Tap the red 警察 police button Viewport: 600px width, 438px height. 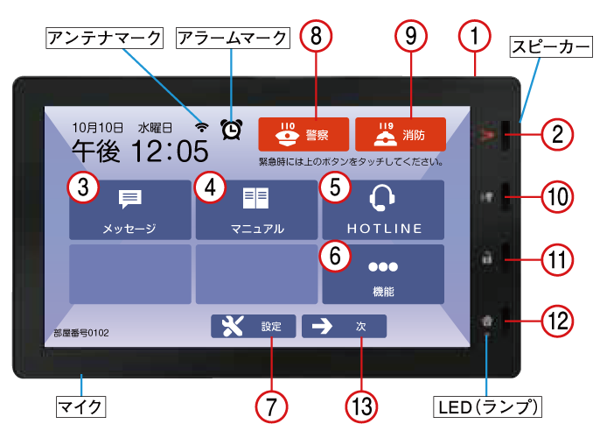303,134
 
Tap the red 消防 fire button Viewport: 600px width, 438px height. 401,134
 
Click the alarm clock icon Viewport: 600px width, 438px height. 232,129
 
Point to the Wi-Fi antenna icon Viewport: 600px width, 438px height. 202,127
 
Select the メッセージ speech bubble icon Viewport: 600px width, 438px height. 130,199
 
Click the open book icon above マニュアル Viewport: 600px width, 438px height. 255,198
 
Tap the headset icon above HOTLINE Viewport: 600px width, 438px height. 382,198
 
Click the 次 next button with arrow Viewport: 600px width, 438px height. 344,326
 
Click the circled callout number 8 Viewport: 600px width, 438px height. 316,37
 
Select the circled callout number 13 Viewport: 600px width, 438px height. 361,406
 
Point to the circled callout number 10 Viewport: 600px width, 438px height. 557,197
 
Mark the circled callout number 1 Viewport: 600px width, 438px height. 474,37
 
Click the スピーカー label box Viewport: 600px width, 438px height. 551,47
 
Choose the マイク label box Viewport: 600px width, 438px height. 80,406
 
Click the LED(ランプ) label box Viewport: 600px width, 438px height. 487,406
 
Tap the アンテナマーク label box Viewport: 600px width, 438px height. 104,38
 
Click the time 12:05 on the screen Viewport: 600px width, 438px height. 171,151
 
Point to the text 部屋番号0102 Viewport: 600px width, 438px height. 81,333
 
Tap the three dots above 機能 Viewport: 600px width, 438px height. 383,266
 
